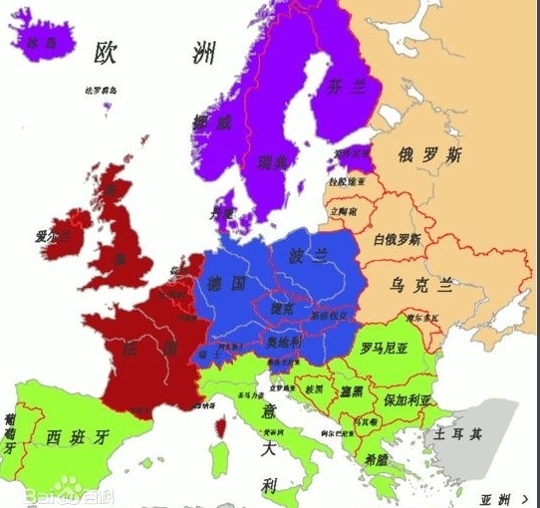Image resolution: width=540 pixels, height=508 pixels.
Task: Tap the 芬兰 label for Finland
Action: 347,88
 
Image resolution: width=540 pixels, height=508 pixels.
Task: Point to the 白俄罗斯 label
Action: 397,239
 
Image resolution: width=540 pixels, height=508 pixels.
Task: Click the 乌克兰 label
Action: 421,285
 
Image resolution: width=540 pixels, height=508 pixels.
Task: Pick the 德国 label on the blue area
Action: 226,284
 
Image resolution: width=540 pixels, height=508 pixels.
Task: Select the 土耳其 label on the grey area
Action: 456,434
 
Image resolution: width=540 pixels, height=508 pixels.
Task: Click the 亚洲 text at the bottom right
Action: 495,497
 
